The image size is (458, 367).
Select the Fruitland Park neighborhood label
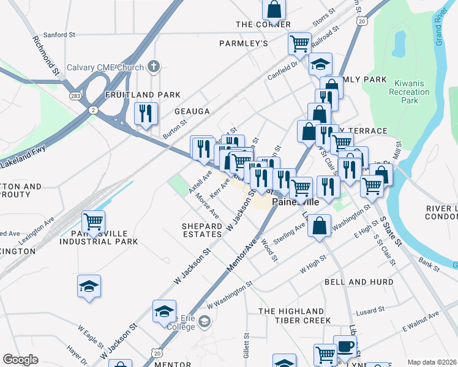click(x=143, y=95)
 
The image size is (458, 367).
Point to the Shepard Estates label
click(x=201, y=230)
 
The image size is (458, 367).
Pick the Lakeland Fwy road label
click(x=18, y=163)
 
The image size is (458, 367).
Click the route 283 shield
click(x=75, y=96)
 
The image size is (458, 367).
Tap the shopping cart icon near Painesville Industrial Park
click(x=93, y=221)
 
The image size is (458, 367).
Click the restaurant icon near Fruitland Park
click(x=146, y=114)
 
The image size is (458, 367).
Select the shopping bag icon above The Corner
click(x=274, y=9)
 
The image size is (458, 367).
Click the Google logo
click(x=20, y=360)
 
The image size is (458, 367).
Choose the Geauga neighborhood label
click(x=192, y=111)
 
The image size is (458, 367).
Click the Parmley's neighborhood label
click(x=244, y=43)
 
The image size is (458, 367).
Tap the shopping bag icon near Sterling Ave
click(x=319, y=225)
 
